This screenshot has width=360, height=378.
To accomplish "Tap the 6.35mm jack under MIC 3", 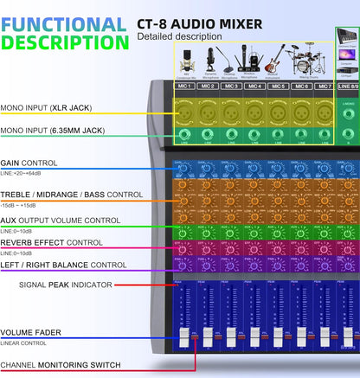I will pyautogui.click(x=230, y=135).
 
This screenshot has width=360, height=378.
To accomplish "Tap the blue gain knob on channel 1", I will pyautogui.click(x=184, y=170).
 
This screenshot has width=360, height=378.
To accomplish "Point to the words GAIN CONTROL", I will pyautogui.click(x=29, y=162).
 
